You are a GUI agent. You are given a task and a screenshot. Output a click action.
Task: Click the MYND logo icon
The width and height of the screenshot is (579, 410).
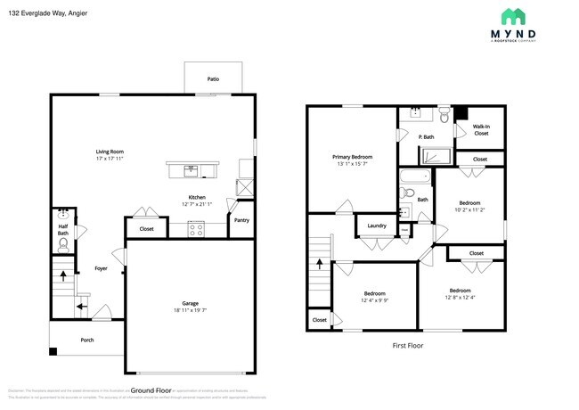click(x=511, y=16)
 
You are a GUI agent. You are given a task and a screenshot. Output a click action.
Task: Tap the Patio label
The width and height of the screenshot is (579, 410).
click(x=213, y=79)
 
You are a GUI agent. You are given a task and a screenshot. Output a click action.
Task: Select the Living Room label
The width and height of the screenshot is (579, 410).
click(x=110, y=152)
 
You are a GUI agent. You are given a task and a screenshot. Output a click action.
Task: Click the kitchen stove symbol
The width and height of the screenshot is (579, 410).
click(x=197, y=229)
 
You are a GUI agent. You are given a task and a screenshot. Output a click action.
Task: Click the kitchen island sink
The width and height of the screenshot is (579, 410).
click(x=191, y=168)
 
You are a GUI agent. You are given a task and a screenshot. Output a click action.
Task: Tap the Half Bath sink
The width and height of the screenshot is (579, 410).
click(x=63, y=215)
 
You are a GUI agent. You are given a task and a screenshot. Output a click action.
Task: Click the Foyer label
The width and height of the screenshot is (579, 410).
click(x=101, y=267)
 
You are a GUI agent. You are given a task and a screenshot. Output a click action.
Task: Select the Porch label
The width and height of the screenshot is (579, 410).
click(x=87, y=340)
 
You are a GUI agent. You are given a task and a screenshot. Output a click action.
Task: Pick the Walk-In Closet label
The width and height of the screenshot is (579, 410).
click(x=480, y=130)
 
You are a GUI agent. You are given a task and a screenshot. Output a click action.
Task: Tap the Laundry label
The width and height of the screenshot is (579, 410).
click(x=377, y=225)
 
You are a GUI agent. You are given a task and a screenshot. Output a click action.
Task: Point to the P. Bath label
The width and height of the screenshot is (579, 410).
click(x=426, y=136)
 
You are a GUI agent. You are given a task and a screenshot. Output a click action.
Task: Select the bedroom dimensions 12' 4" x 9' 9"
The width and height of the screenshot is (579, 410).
click(x=374, y=301)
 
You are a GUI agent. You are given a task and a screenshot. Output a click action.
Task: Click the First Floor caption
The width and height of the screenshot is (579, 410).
click(x=407, y=345)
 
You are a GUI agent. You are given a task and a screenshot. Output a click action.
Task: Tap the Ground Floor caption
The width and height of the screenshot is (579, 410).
click(x=151, y=390)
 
